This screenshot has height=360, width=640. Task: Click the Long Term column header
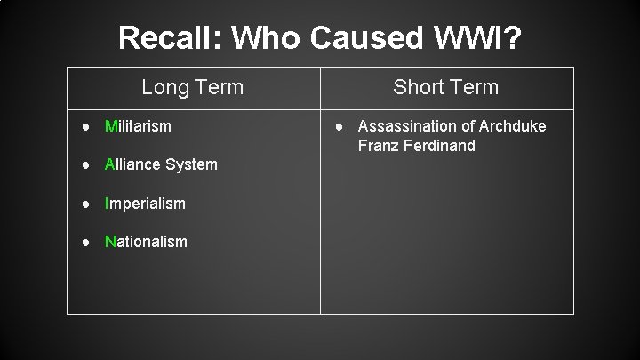pos(193,87)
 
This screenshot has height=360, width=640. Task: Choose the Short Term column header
pos(446,87)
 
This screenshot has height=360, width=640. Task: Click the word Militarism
pos(138,126)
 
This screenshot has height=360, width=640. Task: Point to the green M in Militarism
pos(110,126)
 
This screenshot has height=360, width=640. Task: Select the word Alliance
pos(133,164)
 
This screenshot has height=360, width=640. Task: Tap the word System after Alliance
pos(191,164)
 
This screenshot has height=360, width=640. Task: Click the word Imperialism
pos(145,204)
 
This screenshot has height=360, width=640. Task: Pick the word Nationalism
pos(146,242)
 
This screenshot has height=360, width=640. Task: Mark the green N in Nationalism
pos(109,242)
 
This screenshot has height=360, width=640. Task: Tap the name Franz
pos(377,145)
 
